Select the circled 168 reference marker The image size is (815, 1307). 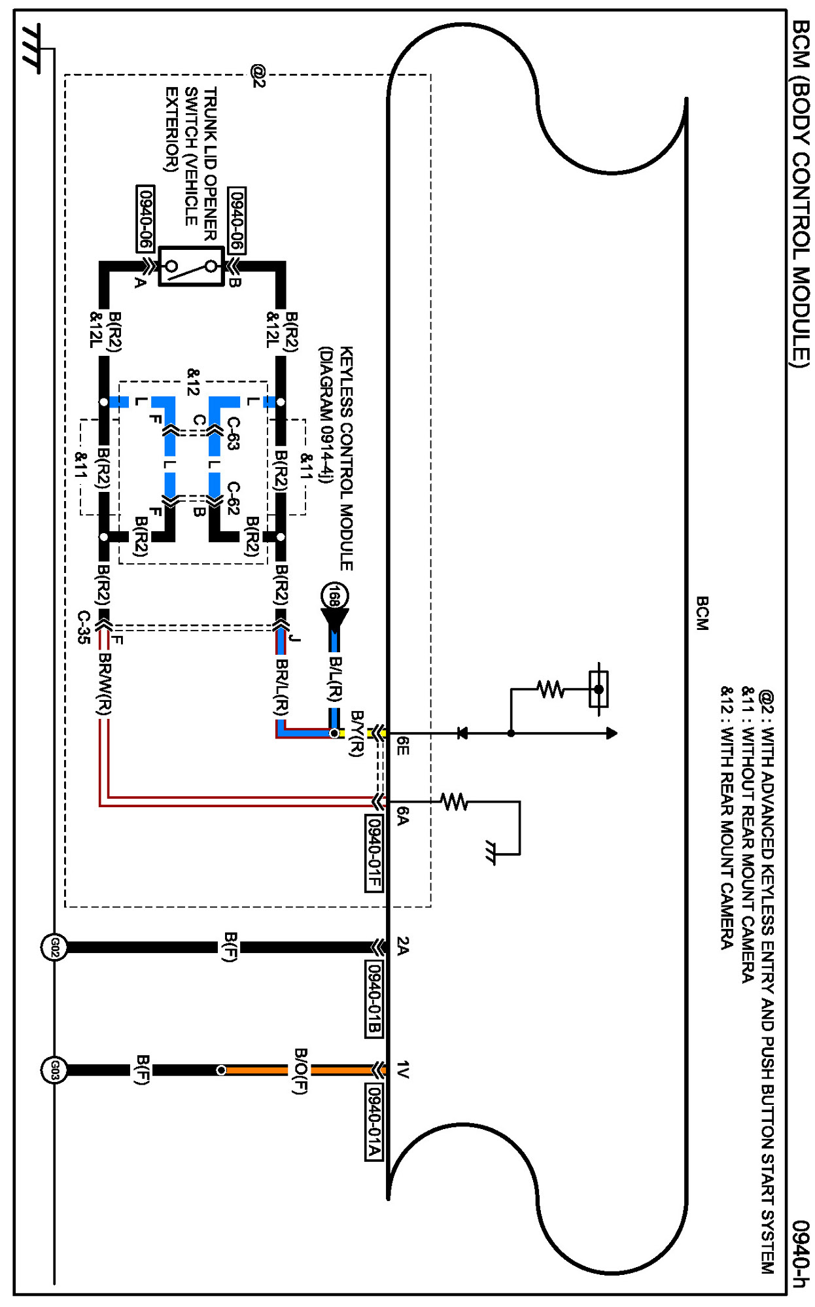click(x=334, y=596)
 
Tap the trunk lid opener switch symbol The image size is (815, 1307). click(x=191, y=266)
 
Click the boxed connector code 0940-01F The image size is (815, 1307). click(x=373, y=853)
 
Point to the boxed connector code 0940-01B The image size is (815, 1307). click(x=373, y=998)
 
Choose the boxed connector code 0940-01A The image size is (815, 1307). click(x=373, y=1122)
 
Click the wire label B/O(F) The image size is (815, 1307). click(x=300, y=1070)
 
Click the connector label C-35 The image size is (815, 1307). click(x=84, y=627)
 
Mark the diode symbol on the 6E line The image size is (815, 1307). click(x=462, y=733)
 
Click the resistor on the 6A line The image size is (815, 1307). click(x=454, y=801)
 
